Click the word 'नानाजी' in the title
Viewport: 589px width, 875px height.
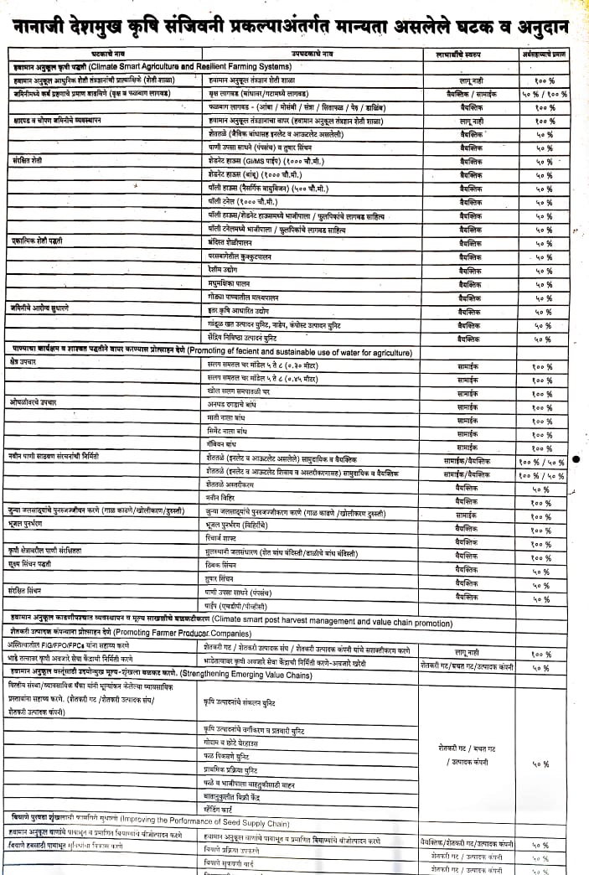click(x=44, y=26)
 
